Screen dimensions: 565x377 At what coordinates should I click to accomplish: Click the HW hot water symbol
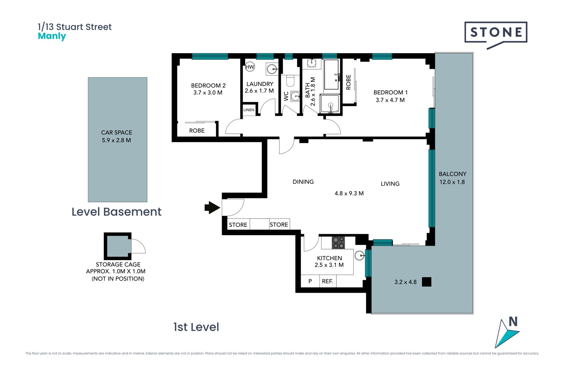click(x=250, y=67)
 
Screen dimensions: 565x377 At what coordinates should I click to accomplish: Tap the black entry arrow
click(x=212, y=208)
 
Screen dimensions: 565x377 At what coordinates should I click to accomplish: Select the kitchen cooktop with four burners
click(x=338, y=243)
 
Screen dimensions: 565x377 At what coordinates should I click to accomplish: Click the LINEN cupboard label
click(x=249, y=110)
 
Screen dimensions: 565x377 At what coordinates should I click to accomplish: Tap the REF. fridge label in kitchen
click(x=327, y=281)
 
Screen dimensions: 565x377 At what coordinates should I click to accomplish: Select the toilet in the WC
click(x=290, y=80)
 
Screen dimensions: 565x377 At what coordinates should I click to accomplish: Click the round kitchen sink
click(x=360, y=256)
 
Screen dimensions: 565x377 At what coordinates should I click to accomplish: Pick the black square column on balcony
click(x=426, y=282)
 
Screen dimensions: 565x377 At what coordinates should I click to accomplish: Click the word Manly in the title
click(x=52, y=37)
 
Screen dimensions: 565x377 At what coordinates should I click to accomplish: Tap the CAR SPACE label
click(x=117, y=133)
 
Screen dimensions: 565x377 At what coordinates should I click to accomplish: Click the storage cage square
click(x=118, y=246)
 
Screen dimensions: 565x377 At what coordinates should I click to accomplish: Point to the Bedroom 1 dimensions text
click(x=390, y=100)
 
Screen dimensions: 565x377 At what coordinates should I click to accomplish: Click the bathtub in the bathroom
click(x=332, y=75)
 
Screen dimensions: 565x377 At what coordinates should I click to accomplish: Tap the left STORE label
click(x=238, y=225)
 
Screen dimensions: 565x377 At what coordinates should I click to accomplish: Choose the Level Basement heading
click(x=117, y=212)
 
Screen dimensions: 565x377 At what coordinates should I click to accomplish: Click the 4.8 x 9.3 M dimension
click(x=349, y=194)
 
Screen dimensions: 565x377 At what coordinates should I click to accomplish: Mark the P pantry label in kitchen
click(x=310, y=281)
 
